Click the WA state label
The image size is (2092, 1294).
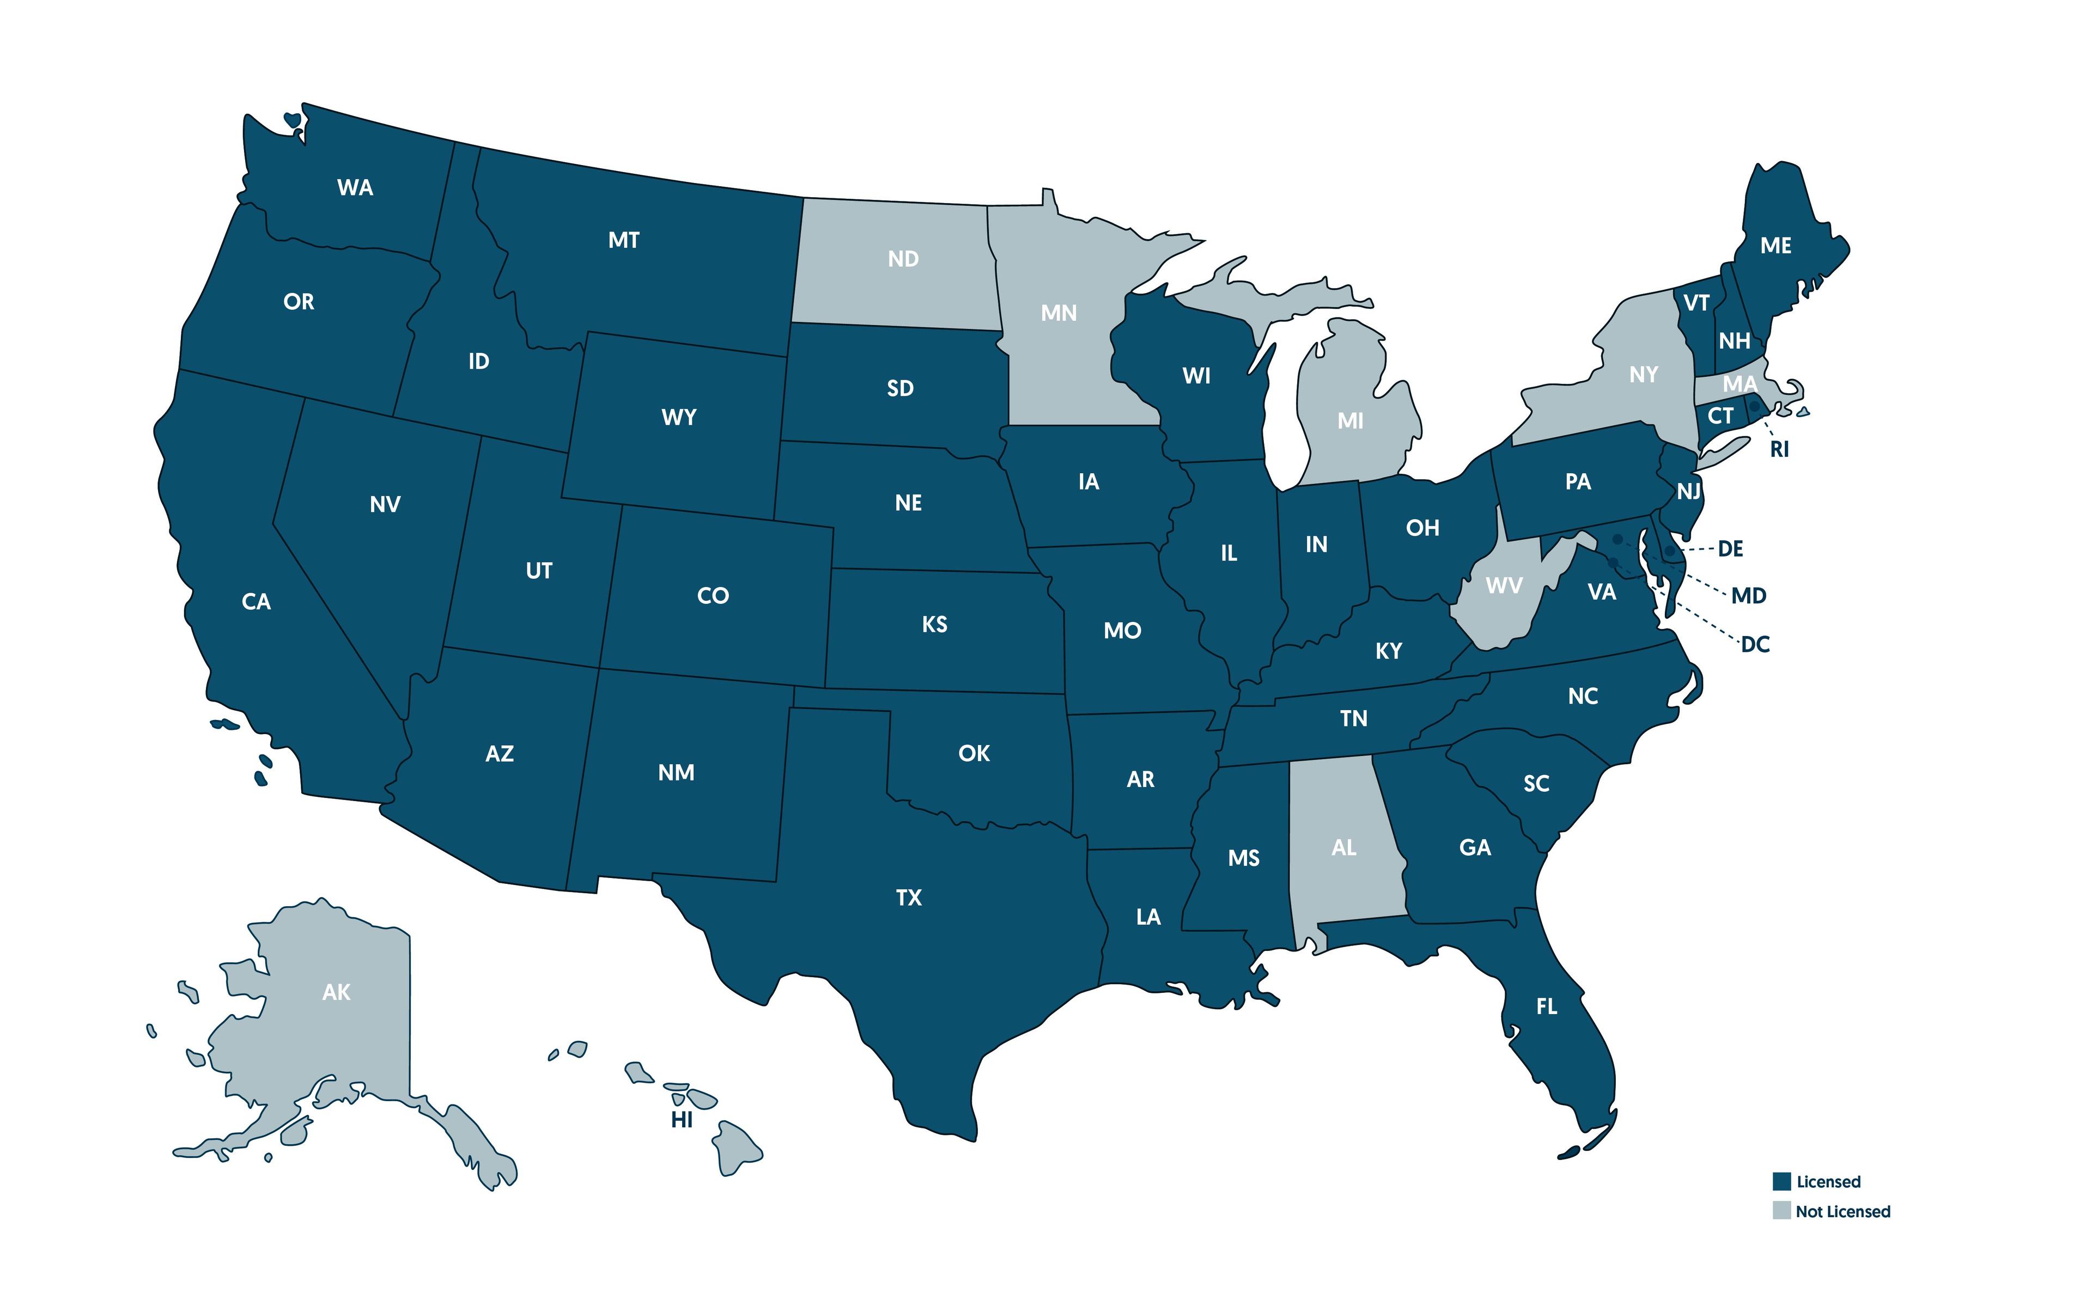(x=355, y=187)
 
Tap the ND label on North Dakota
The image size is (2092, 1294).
(x=903, y=259)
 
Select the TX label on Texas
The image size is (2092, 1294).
(x=909, y=897)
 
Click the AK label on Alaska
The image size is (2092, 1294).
(x=336, y=992)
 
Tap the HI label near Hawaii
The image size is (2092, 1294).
(x=682, y=1119)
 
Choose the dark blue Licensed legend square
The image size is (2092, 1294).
(x=1781, y=1182)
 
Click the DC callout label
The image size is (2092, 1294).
(x=1755, y=644)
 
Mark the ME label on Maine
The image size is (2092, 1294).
(x=1776, y=246)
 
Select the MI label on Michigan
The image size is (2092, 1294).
(x=1350, y=420)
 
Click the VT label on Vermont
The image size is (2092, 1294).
(x=1696, y=303)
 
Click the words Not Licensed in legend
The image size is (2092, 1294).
(x=1843, y=1211)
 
